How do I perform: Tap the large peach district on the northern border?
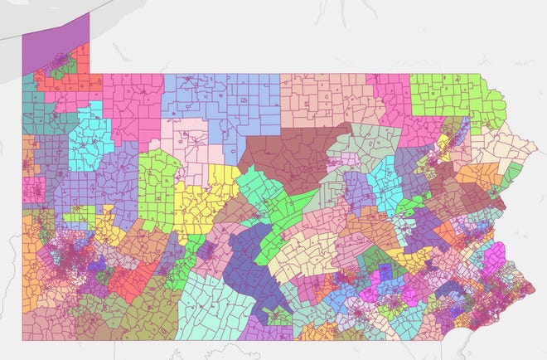(x=323, y=100)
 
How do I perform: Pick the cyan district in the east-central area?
(x=384, y=178)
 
